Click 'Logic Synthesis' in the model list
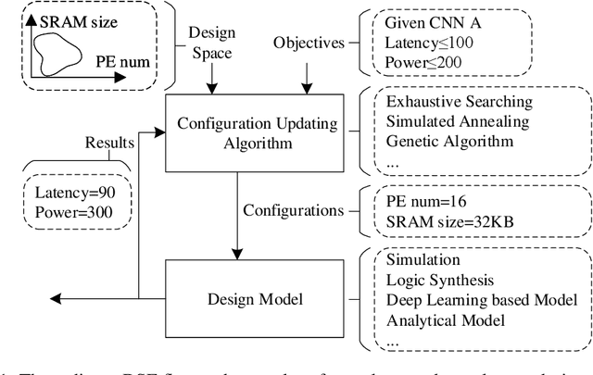tap(438, 281)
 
